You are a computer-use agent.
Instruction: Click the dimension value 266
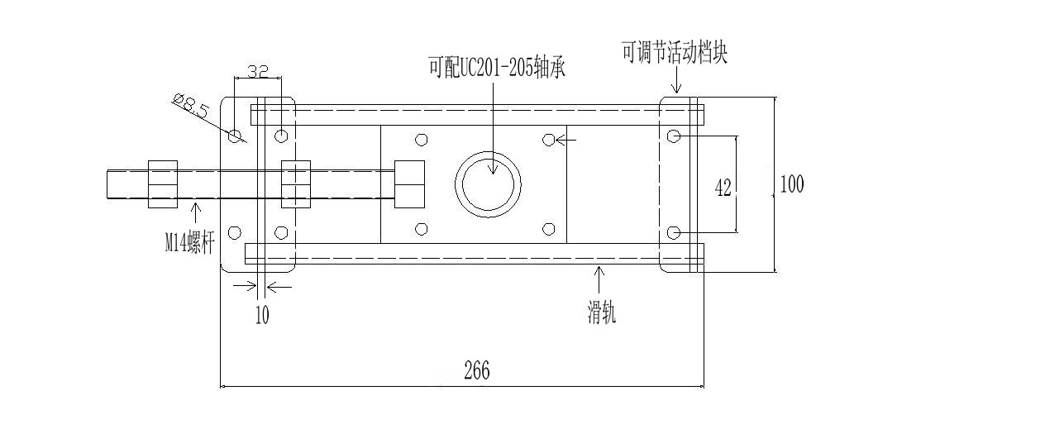pos(476,371)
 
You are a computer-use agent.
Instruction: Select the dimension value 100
pos(791,184)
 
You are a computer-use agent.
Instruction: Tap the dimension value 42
pos(723,188)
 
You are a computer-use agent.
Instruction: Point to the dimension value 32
pos(258,72)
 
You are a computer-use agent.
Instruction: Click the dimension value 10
pos(262,315)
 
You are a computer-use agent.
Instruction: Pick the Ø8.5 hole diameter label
pos(191,107)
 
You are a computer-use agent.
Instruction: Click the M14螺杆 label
pos(189,242)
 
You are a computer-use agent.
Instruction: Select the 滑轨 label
pos(601,313)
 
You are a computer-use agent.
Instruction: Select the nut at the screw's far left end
pos(163,184)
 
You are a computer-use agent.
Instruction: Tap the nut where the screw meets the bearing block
pos(409,184)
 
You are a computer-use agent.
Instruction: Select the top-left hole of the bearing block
pos(422,139)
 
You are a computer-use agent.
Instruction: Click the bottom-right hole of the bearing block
pos(548,229)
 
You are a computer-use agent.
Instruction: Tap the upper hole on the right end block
pos(674,135)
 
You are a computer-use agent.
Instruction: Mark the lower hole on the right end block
pos(674,231)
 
